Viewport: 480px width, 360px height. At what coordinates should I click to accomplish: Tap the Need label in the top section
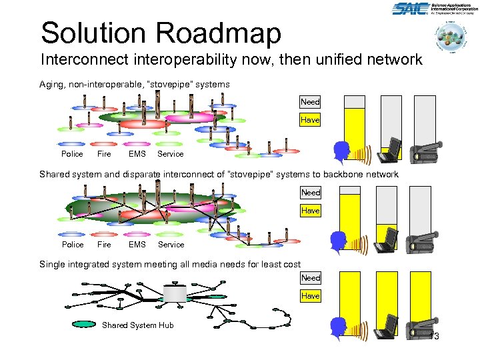(x=310, y=102)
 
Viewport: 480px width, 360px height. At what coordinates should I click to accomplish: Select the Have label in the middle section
(x=310, y=210)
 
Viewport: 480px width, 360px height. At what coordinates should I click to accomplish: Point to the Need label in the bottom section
(x=310, y=277)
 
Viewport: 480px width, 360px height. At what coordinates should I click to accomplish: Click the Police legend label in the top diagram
(x=72, y=154)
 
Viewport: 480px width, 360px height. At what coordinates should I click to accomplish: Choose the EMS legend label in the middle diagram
(x=137, y=245)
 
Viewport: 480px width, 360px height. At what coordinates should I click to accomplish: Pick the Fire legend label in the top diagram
(x=104, y=154)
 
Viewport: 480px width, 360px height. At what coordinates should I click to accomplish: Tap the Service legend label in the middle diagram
(x=171, y=245)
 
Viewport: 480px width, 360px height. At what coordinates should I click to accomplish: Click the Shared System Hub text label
(x=137, y=325)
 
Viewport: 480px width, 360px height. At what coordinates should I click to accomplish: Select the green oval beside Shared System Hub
(x=83, y=325)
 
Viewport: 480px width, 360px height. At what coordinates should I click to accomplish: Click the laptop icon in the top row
(x=389, y=150)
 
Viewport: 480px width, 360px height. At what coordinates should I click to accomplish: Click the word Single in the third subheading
(x=53, y=265)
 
